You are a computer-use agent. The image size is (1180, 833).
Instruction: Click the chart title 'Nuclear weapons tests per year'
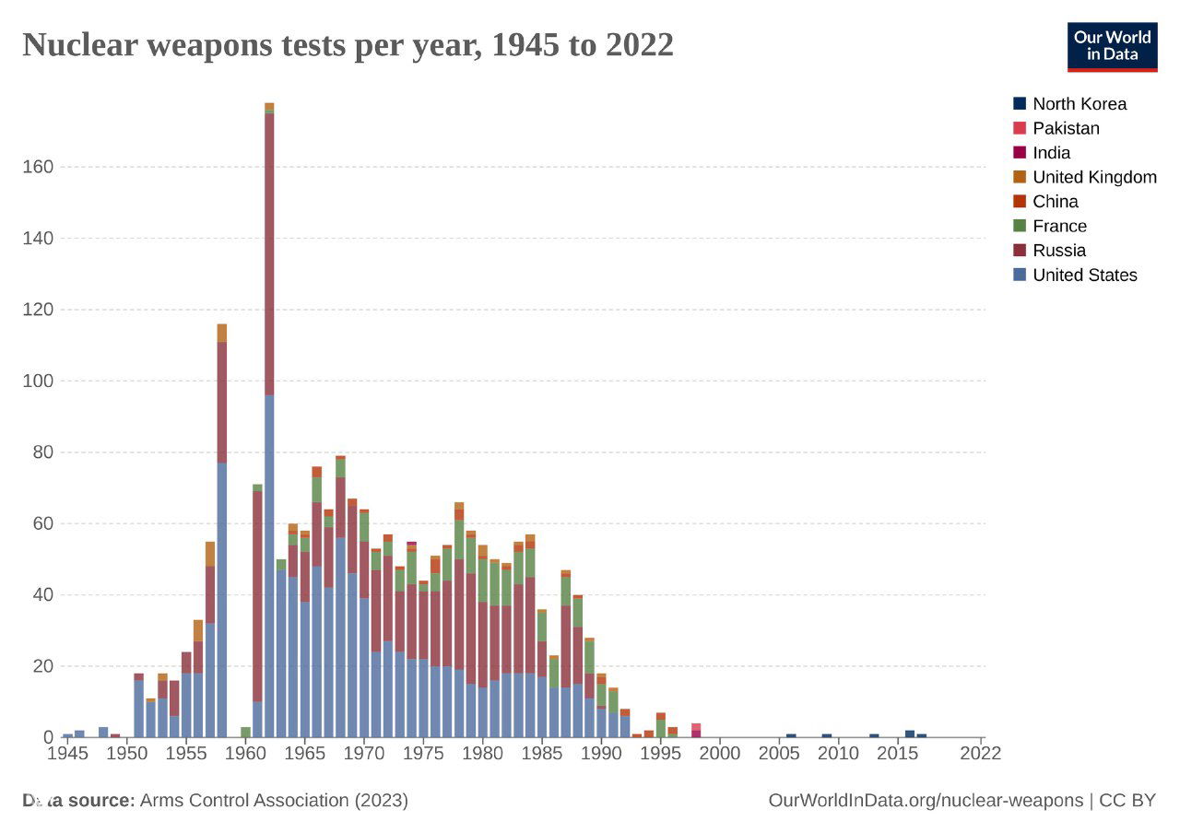[348, 44]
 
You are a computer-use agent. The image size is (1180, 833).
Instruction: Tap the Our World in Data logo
[1111, 47]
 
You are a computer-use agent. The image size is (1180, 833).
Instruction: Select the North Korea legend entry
[1079, 104]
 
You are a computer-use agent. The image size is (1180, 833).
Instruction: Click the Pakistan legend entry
[1066, 129]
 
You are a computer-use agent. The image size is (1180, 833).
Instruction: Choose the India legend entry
[1051, 153]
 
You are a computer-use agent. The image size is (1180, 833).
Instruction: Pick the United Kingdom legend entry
[1093, 177]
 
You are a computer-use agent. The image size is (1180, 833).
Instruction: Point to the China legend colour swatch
[1020, 202]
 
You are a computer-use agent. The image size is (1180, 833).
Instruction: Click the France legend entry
[1059, 226]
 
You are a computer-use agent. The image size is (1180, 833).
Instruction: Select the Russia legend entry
[1058, 251]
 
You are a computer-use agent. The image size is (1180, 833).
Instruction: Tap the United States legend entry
[1084, 275]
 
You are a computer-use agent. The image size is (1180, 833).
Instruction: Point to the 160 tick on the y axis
[38, 168]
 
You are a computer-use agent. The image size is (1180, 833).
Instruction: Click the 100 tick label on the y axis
[38, 381]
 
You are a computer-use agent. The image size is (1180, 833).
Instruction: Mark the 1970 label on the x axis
[364, 754]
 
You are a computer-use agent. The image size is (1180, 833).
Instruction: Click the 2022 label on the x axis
[980, 754]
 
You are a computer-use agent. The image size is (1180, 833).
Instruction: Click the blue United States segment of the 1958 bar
[222, 599]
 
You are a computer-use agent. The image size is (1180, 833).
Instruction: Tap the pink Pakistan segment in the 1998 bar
[696, 727]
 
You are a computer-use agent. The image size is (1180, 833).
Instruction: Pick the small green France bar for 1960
[246, 732]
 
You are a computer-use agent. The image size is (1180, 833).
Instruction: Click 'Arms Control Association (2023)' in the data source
[274, 801]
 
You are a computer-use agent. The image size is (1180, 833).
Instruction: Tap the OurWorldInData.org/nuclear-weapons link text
[926, 801]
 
